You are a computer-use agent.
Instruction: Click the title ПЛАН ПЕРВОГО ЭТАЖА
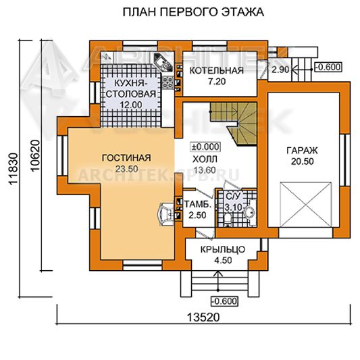(x=193, y=12)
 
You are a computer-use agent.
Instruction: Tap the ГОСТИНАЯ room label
(x=126, y=158)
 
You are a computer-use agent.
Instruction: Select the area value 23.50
(x=126, y=169)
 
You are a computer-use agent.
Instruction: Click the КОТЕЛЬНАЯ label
(x=217, y=70)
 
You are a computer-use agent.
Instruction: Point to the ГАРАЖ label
(x=302, y=151)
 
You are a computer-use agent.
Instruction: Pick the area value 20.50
(x=303, y=161)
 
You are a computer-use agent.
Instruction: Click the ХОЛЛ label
(x=205, y=159)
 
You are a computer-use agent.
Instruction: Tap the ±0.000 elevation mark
(x=205, y=147)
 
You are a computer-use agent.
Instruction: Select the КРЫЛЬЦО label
(x=223, y=249)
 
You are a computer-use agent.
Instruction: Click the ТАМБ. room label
(x=198, y=205)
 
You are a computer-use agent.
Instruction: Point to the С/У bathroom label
(x=233, y=197)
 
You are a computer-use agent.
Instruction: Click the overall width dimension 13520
(x=203, y=317)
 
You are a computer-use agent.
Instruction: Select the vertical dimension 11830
(x=14, y=168)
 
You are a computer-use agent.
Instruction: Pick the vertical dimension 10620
(x=35, y=155)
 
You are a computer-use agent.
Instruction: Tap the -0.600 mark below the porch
(x=224, y=301)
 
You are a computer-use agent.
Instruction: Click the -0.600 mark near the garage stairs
(x=328, y=68)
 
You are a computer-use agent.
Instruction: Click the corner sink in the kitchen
(x=163, y=61)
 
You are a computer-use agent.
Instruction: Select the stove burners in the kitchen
(x=168, y=82)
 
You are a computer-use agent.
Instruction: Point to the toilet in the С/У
(x=228, y=220)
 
